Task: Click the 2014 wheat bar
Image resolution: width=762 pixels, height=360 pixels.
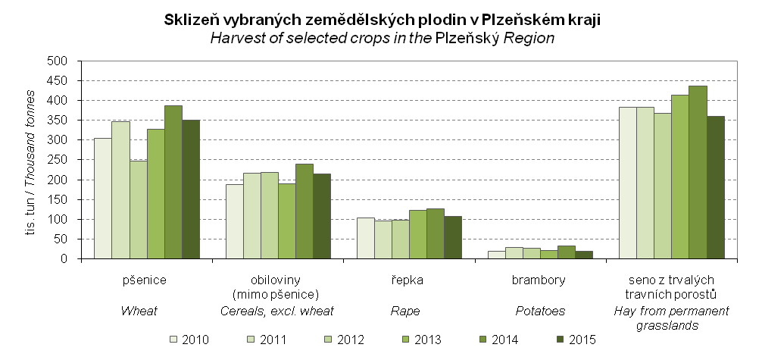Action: [173, 182]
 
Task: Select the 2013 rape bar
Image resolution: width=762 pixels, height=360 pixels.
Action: [417, 234]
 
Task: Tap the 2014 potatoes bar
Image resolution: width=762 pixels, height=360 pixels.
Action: [566, 252]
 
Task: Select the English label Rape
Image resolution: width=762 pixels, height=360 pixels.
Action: [404, 310]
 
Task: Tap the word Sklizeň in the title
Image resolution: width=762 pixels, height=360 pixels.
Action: [189, 20]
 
